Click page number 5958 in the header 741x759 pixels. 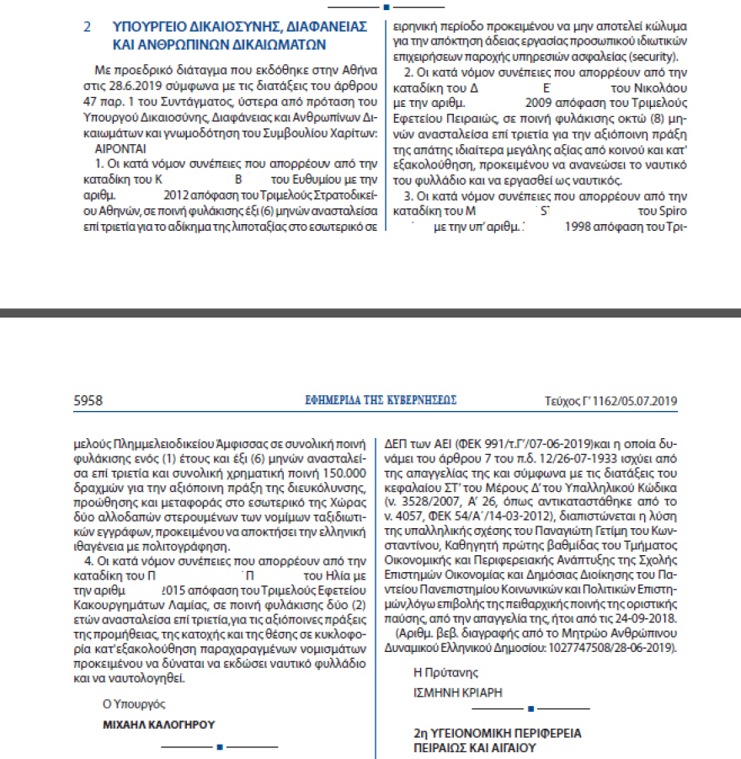click(88, 400)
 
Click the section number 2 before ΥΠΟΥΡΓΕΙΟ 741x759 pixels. click(87, 27)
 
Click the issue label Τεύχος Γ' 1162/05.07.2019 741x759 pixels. click(612, 401)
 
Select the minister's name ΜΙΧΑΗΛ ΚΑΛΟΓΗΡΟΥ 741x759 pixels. click(158, 724)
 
